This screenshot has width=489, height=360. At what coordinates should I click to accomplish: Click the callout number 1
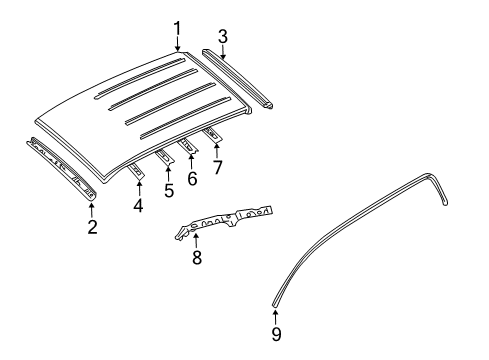click(x=177, y=29)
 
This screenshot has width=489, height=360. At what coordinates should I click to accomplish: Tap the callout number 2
click(x=93, y=227)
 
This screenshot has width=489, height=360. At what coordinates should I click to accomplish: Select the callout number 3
click(x=223, y=36)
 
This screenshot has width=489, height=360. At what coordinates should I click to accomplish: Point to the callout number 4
click(x=138, y=205)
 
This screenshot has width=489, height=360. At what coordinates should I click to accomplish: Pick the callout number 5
click(x=169, y=190)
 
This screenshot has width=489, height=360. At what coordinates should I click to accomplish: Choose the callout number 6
click(x=192, y=179)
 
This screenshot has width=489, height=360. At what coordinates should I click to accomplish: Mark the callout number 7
click(x=217, y=167)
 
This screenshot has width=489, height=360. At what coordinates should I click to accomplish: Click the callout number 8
click(x=197, y=257)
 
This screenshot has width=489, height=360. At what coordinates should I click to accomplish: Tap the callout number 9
click(x=276, y=334)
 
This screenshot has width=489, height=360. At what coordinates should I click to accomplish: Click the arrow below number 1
click(x=177, y=45)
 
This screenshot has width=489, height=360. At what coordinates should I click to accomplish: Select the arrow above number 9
click(x=275, y=317)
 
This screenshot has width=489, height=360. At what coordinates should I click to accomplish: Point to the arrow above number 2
click(x=92, y=210)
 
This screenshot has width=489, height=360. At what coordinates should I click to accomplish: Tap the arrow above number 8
click(x=196, y=241)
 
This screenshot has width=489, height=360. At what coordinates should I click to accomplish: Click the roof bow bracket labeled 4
click(x=136, y=171)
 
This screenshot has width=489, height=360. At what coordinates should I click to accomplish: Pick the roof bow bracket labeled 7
click(x=212, y=135)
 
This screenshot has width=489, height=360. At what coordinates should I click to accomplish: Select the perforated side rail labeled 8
click(x=224, y=221)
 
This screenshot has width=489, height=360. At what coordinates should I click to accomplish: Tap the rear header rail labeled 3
click(x=238, y=79)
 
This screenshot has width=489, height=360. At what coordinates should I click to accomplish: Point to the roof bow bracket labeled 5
click(x=165, y=157)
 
